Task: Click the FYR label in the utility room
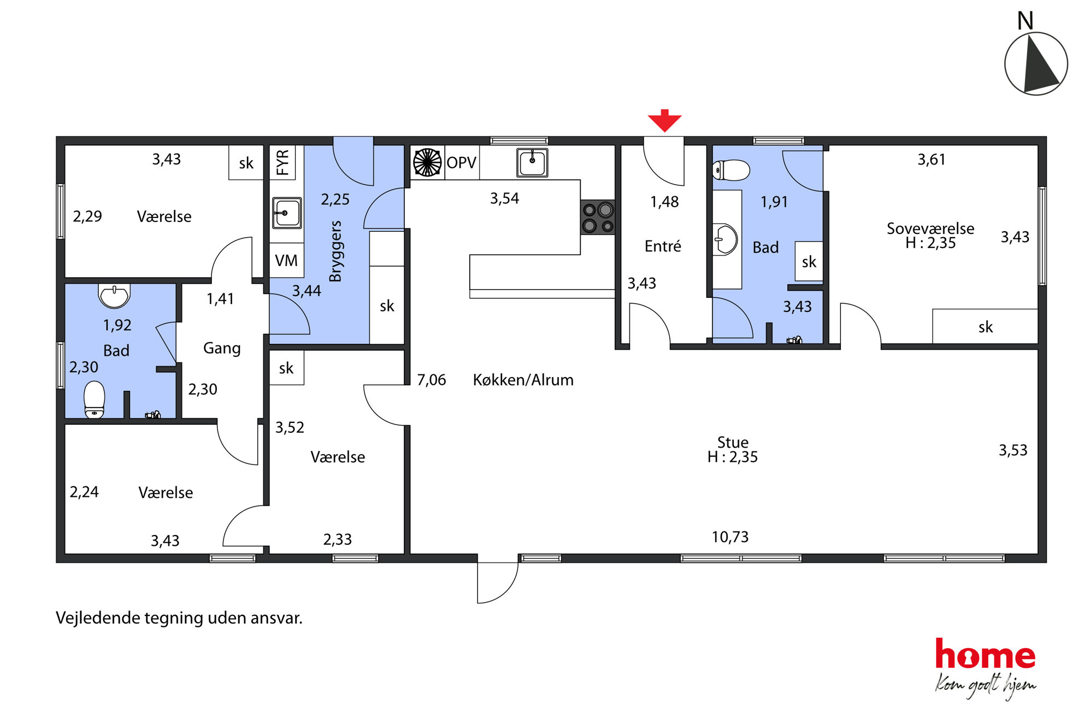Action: point(282,162)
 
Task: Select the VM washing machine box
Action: point(287,260)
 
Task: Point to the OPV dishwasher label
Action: point(462,163)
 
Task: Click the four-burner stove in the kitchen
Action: point(598,217)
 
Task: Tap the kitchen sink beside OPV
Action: point(532,162)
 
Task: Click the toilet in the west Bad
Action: point(95,399)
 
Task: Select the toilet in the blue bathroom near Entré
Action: point(731,170)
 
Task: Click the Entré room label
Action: point(663,246)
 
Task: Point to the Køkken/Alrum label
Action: point(523,380)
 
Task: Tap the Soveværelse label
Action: point(930,228)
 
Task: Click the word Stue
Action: point(733,442)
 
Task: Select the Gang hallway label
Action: point(222,348)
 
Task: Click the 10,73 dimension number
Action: point(730,537)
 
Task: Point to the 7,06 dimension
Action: point(432,380)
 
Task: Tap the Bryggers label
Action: point(335,251)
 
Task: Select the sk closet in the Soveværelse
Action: point(985,327)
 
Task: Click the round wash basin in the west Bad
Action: point(114,296)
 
